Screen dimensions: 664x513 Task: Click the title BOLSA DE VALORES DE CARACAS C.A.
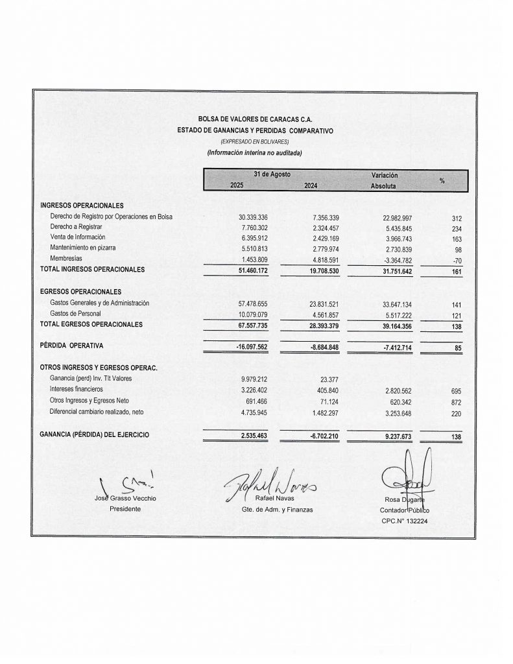(x=255, y=119)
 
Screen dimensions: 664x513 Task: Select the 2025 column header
(x=237, y=186)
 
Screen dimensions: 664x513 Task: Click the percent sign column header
(x=442, y=180)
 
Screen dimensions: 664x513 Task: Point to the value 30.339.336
(x=258, y=217)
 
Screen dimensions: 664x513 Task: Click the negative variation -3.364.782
(x=403, y=259)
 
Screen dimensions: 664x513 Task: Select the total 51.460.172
(x=258, y=269)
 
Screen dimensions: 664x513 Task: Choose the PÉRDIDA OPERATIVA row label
(x=71, y=346)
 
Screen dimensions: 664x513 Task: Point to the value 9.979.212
(x=258, y=380)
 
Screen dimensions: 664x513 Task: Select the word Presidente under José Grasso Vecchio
(x=125, y=509)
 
